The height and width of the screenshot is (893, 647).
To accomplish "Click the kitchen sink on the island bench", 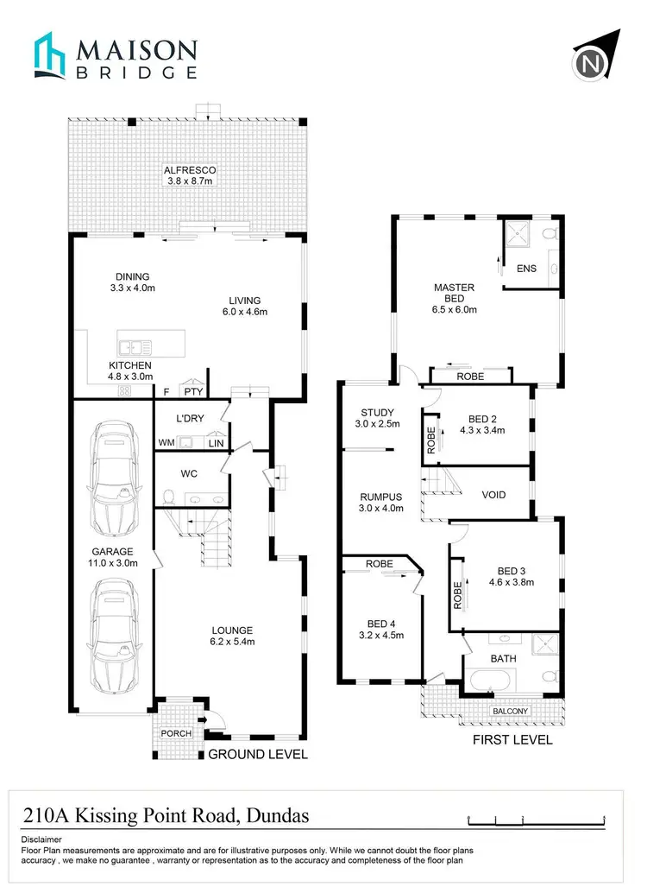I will point(135,347).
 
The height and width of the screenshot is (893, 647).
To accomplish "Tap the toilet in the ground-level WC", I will point(169,498).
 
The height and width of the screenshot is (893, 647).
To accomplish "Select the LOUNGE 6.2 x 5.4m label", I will point(230,636).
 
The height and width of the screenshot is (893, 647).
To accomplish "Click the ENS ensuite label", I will point(526,269).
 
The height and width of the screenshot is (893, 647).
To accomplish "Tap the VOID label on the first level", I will point(493,495).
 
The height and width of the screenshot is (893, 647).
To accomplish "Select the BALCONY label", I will point(510,712).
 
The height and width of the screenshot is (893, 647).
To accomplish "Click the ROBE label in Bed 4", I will point(379,564).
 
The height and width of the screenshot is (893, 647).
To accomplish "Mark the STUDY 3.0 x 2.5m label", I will point(377,418).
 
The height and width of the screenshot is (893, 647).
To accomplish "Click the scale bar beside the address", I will point(536,820).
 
